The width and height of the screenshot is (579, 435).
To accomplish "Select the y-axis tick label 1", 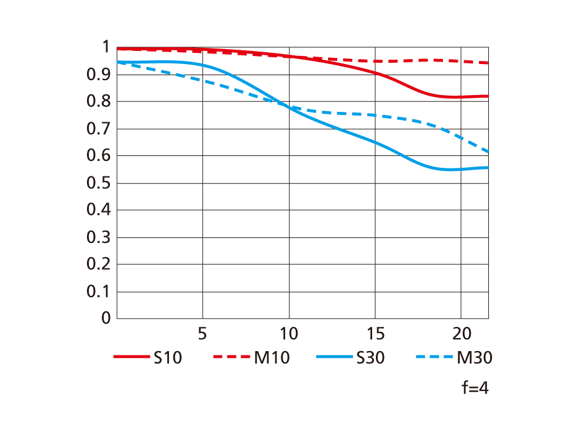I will tap(106, 48).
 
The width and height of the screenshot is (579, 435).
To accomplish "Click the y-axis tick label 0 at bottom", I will tap(106, 318).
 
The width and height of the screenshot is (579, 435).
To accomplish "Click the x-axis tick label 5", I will tap(202, 334).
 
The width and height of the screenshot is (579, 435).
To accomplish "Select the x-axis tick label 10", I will tap(288, 334).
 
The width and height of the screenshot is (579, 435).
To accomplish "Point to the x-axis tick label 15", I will tap(374, 334).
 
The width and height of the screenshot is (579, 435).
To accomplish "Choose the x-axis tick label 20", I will tap(460, 334).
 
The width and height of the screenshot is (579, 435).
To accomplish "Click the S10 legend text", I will tap(168, 358).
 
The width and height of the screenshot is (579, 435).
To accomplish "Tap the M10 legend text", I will tap(271, 358).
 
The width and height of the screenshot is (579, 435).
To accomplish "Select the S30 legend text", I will tap(370, 358).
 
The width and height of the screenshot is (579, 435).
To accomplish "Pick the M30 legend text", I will tap(475, 358).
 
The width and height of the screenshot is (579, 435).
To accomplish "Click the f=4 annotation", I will tap(475, 389).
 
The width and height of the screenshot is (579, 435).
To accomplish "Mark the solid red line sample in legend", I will tap(132, 357).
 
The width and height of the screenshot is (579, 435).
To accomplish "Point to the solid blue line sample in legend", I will tap(335, 357).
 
